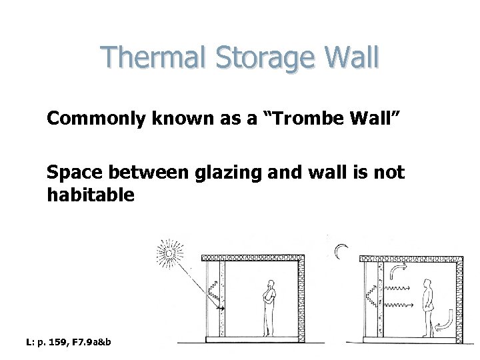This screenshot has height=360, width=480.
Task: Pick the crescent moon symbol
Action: point(341,251)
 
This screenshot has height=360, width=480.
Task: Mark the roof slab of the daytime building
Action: point(253,257)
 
